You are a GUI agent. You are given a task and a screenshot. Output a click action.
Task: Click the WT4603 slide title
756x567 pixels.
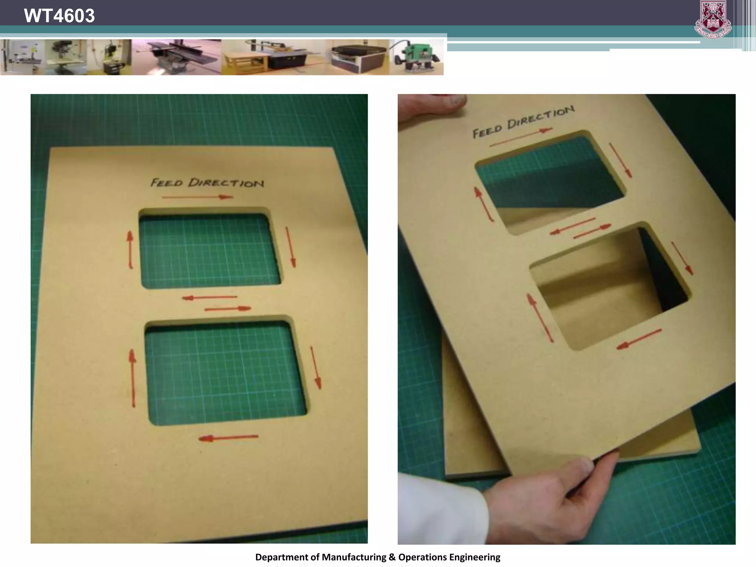pos(59,16)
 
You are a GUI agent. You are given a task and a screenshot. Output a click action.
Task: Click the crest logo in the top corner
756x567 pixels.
pos(713,19)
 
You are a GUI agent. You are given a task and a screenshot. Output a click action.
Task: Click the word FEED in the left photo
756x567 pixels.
pos(166,182)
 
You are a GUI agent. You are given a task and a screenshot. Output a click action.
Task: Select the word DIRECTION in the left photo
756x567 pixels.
pos(226,183)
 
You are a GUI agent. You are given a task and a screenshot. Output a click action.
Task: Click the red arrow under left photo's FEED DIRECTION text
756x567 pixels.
pos(197,197)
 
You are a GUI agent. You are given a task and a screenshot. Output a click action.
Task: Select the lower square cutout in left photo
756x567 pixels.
pos(225,373)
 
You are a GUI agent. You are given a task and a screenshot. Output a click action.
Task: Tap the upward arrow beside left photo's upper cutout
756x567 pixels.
pos(130,250)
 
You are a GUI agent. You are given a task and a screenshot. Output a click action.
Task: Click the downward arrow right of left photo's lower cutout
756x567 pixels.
pos(316,368)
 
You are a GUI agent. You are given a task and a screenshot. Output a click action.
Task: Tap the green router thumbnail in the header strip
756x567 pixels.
pos(416,57)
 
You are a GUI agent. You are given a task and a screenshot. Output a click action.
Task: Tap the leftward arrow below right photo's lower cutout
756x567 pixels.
pos(639,339)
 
